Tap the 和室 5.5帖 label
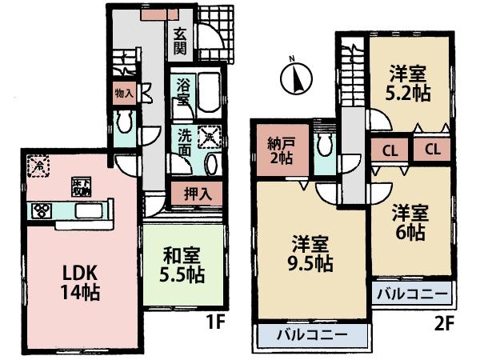[183, 266]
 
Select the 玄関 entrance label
[181, 42]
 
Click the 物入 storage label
[124, 93]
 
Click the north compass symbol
[294, 78]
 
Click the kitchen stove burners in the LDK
[42, 211]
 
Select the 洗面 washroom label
[185, 142]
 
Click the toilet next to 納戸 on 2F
[323, 147]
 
